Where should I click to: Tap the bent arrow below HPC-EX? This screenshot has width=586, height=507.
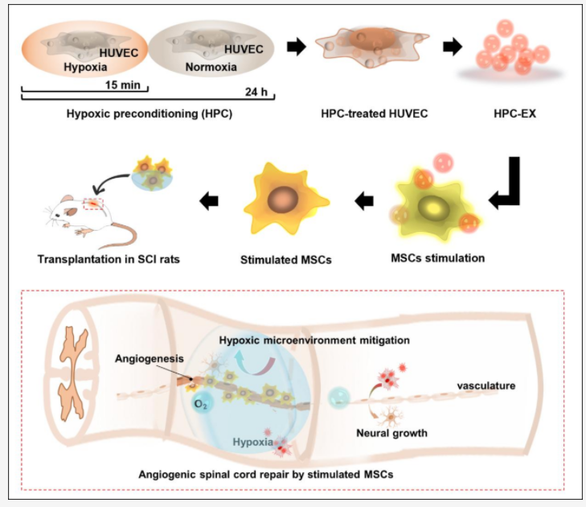pos(506,188)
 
